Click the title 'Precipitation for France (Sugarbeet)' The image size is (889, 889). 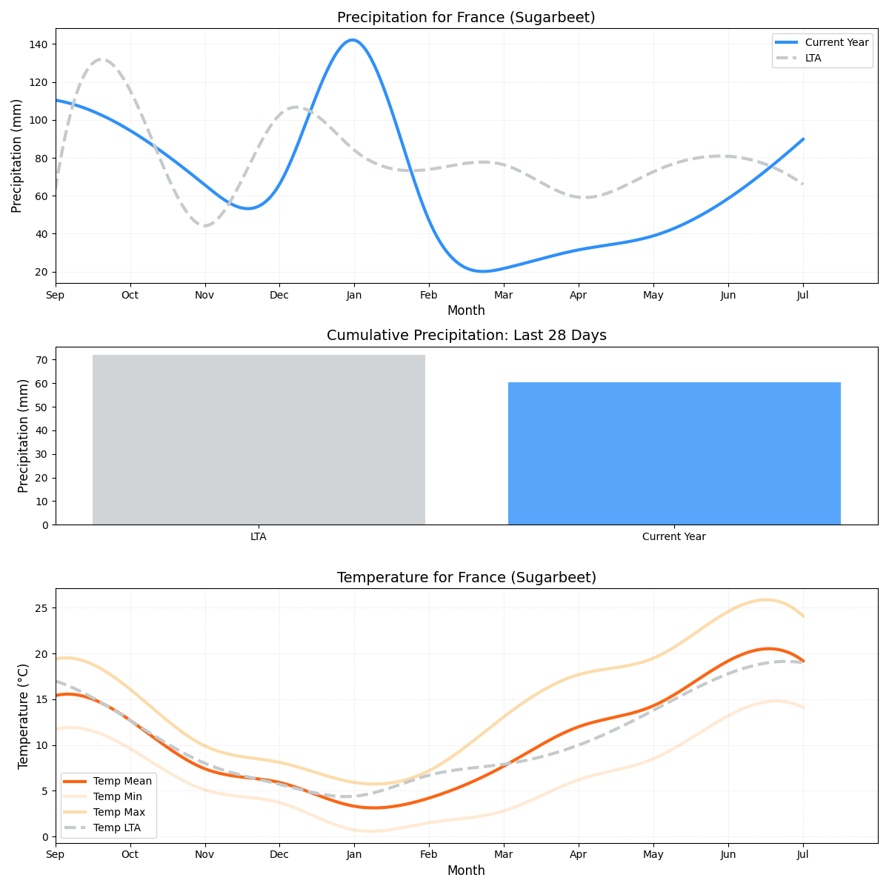(x=466, y=17)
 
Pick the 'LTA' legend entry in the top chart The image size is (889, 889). (x=813, y=58)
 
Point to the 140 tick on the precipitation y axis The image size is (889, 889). (x=38, y=44)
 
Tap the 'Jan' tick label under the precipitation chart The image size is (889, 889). (x=353, y=296)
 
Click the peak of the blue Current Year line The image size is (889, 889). (x=352, y=40)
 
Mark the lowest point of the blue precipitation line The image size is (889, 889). (x=482, y=271)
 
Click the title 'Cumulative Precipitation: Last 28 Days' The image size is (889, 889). (x=466, y=336)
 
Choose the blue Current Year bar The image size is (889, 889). (x=674, y=453)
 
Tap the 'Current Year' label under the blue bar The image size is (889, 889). (x=674, y=536)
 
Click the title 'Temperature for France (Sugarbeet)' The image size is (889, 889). (x=466, y=577)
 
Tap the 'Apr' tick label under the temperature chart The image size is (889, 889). (x=578, y=854)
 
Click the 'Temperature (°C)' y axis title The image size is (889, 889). (x=23, y=716)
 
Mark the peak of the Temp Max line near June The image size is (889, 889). (x=766, y=600)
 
